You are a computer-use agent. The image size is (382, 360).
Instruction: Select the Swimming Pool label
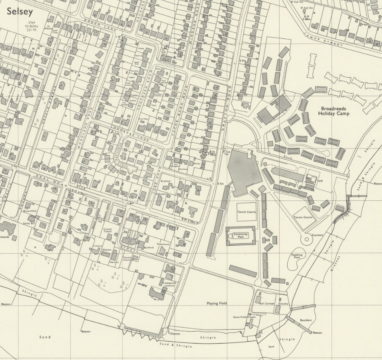pyautogui.click(x=241, y=236)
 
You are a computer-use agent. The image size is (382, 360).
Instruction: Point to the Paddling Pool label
pyautogui.click(x=297, y=256)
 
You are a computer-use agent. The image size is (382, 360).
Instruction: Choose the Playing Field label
pyautogui.click(x=216, y=303)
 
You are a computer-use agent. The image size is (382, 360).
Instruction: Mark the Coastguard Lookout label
pyautogui.click(x=169, y=284)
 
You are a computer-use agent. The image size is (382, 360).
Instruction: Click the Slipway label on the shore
pyautogui.click(x=175, y=333)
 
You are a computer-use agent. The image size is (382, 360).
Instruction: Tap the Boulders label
pyautogui.click(x=306, y=320)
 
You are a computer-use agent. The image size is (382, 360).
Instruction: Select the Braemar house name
pyautogui.click(x=166, y=181)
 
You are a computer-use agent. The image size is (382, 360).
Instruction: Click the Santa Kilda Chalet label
pyautogui.click(x=244, y=317)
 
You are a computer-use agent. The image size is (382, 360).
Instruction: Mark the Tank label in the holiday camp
pyautogui.click(x=319, y=181)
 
